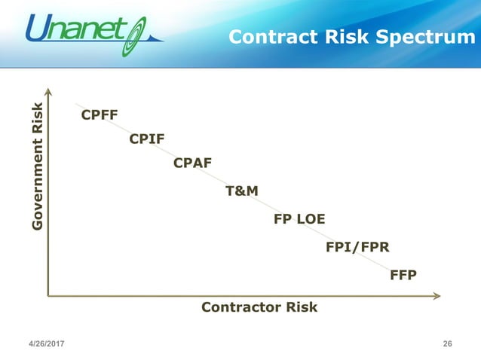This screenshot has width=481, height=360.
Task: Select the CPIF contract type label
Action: [x=147, y=139]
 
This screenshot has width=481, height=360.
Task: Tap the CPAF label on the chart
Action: [x=192, y=163]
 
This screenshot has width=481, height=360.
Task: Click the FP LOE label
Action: [x=299, y=219]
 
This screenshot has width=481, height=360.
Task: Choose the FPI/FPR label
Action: [x=357, y=246]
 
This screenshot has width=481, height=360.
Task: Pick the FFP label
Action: [x=403, y=275]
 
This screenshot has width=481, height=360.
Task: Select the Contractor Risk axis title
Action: [x=259, y=307]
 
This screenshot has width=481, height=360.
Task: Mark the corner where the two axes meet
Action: [x=48, y=296]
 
